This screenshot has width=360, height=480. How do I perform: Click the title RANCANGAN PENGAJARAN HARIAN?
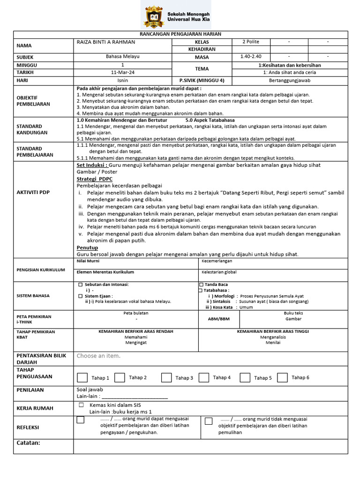[x=180, y=34]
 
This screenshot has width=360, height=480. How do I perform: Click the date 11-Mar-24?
[x=122, y=73]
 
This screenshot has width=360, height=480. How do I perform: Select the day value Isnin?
[x=123, y=80]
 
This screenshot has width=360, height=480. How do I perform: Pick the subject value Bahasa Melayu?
[x=123, y=57]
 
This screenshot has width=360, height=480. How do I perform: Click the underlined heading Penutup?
[x=87, y=247]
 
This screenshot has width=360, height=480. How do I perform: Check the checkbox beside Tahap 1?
[x=82, y=377]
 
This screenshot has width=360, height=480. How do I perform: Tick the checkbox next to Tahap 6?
[x=282, y=377]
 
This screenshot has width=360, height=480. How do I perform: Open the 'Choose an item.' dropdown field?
[x=98, y=356]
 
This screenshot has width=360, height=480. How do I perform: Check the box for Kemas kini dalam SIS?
[x=81, y=405]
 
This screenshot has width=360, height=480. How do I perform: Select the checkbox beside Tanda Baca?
[x=201, y=285]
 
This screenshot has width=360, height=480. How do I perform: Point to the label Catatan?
[x=29, y=443]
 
